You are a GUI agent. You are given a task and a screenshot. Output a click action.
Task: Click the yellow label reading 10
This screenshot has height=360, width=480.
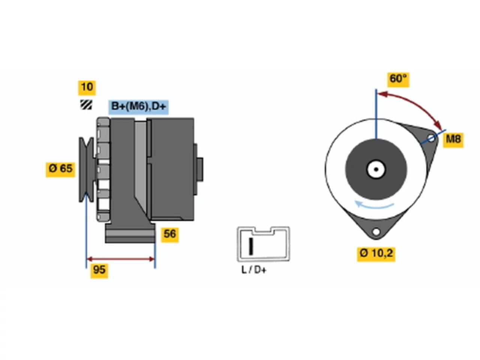[87, 88]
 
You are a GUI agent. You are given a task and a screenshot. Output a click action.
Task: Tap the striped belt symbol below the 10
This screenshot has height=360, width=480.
[86, 105]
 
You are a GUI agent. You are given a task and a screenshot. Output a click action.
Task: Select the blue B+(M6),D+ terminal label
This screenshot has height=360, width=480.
[138, 107]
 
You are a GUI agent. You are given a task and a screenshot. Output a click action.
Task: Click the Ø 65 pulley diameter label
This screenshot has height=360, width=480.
[60, 169]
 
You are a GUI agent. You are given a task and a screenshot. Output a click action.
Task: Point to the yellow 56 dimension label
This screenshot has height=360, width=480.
[170, 235]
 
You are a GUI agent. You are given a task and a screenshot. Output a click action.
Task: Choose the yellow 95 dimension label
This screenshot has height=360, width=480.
[99, 271]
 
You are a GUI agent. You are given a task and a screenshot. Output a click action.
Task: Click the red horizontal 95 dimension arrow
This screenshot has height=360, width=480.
[121, 259]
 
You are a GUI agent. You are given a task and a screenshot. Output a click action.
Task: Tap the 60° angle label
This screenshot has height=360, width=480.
[398, 79]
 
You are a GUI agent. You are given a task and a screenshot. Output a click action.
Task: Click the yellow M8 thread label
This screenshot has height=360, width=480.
[453, 140]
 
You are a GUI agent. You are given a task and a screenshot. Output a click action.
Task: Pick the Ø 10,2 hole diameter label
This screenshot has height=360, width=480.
[376, 254]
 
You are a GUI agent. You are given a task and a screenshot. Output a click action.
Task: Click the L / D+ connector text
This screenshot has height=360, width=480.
[254, 270]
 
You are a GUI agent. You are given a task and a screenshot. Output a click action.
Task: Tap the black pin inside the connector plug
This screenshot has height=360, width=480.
[251, 246]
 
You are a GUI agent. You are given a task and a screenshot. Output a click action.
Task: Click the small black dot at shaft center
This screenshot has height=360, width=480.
[376, 169]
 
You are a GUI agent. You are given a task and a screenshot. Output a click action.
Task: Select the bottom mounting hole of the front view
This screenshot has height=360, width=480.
[376, 231]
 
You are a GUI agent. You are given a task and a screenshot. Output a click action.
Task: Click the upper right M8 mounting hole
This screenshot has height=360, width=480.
[431, 138]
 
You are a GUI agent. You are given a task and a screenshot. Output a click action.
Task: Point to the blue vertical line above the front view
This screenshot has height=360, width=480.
[376, 114]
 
